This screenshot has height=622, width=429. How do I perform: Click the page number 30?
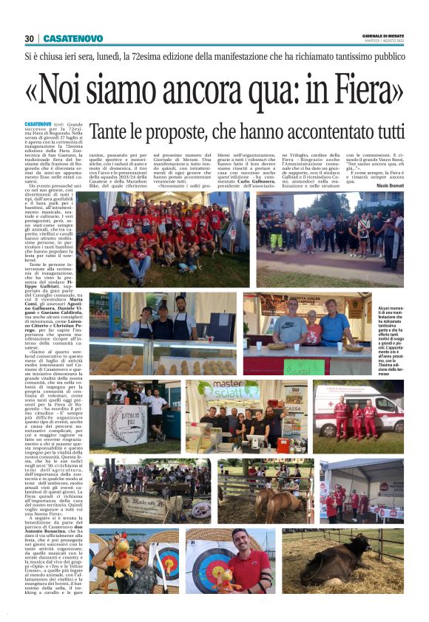(30, 38)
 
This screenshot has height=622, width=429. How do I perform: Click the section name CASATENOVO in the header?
(67, 38)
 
